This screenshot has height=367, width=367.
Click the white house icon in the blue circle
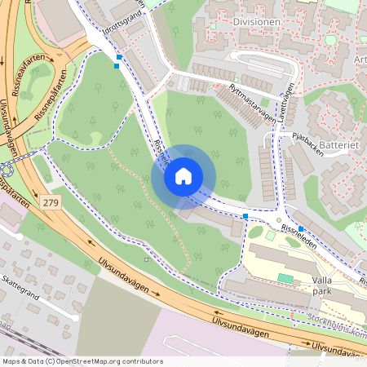[x=183, y=175]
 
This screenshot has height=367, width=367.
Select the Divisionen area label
[x=256, y=22]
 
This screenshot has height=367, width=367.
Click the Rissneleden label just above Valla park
[x=303, y=235]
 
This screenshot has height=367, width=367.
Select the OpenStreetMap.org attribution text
[x=107, y=361]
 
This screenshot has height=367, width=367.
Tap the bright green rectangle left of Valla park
[x=284, y=278]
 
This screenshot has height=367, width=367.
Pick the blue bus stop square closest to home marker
[x=245, y=215]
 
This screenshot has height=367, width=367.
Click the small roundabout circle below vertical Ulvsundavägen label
[x=7, y=170]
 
